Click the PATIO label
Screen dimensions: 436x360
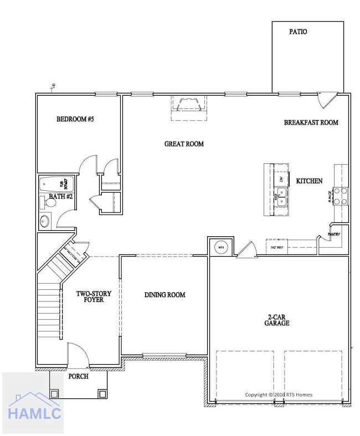coord(298,32)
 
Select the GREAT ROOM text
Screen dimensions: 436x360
coord(184,144)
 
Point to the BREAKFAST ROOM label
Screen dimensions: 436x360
coord(311,122)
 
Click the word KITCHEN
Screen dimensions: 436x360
coord(309,181)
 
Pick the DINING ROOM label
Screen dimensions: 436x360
coord(165,295)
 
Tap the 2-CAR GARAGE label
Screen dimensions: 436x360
coord(277,319)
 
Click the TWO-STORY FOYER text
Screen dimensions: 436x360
coord(94,297)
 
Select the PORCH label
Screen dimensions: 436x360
coord(78,376)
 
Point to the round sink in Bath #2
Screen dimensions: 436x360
coord(44,222)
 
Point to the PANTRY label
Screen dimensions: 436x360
coord(333,234)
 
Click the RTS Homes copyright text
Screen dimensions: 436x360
coord(279,395)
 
